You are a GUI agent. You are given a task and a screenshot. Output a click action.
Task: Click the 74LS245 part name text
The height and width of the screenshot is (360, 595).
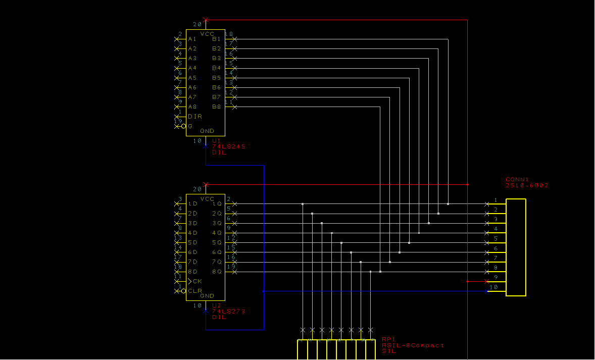[228, 146]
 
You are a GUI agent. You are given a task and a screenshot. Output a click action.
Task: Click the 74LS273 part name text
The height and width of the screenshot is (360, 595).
[228, 312]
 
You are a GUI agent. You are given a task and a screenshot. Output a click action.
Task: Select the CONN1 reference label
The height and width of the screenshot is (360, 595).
[517, 179]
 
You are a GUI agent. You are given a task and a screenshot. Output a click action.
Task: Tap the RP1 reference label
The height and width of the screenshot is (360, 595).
[388, 339]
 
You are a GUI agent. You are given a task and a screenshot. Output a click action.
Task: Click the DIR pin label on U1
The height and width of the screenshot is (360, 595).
[195, 117]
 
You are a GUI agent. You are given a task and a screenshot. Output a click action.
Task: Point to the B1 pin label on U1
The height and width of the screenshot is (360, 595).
[216, 39]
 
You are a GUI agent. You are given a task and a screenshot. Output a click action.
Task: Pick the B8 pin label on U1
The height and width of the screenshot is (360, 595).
[216, 107]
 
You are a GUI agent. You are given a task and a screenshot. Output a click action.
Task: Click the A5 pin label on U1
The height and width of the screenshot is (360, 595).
[192, 78]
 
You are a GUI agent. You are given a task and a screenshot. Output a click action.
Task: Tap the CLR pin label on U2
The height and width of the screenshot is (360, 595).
[195, 291]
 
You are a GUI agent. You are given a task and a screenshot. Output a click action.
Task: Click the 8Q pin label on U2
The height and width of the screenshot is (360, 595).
[217, 272]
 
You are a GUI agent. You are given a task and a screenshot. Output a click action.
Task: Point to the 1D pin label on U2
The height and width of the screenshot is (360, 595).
[192, 204]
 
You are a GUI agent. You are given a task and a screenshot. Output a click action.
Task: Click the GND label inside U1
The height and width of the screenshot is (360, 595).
[207, 131]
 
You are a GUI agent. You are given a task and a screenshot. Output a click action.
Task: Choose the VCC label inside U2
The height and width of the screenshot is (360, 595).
[207, 199]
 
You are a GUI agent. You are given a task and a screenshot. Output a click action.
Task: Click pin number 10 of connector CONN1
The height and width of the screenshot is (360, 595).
[494, 287]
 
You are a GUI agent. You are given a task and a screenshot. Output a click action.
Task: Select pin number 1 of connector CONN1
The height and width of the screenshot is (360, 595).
[496, 200]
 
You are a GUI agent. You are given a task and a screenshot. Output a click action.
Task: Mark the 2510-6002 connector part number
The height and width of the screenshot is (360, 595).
[527, 186]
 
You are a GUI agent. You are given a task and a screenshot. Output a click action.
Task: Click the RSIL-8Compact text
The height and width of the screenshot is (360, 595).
[413, 345]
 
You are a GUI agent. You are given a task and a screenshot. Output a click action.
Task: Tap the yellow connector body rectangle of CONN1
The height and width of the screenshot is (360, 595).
[516, 247]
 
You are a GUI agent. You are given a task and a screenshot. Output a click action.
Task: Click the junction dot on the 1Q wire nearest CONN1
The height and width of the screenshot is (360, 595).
[448, 204]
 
